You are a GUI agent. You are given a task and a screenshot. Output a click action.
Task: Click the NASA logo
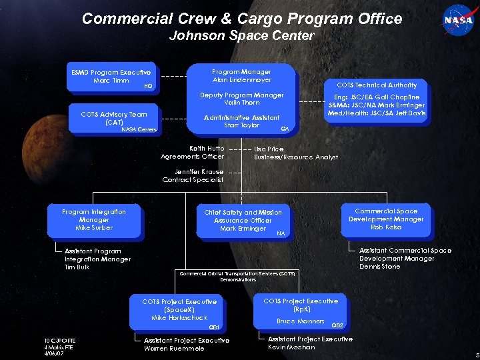pos(458,20)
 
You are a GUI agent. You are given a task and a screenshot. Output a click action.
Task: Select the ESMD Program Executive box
pos(111,78)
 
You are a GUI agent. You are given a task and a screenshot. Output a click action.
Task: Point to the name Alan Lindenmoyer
pos(241,80)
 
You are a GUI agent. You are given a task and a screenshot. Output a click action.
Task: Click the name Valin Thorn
pos(241,103)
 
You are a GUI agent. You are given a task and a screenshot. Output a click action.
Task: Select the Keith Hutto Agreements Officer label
pos(193,153)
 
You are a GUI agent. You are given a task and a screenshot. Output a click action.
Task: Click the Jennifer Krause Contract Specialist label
pos(193,175)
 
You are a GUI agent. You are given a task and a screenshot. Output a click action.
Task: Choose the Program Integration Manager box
pos(94,220)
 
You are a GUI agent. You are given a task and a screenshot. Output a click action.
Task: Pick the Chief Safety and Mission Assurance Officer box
pos(243,221)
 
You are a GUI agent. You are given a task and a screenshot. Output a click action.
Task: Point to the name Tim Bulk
pos(77,267)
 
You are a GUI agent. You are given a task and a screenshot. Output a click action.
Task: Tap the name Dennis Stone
pos(380,267)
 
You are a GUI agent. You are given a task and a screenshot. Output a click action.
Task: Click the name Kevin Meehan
pos(291,347)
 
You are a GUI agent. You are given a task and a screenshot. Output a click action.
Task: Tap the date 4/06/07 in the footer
pos(53,353)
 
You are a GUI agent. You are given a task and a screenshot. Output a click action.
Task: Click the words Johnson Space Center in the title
pos(241,35)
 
